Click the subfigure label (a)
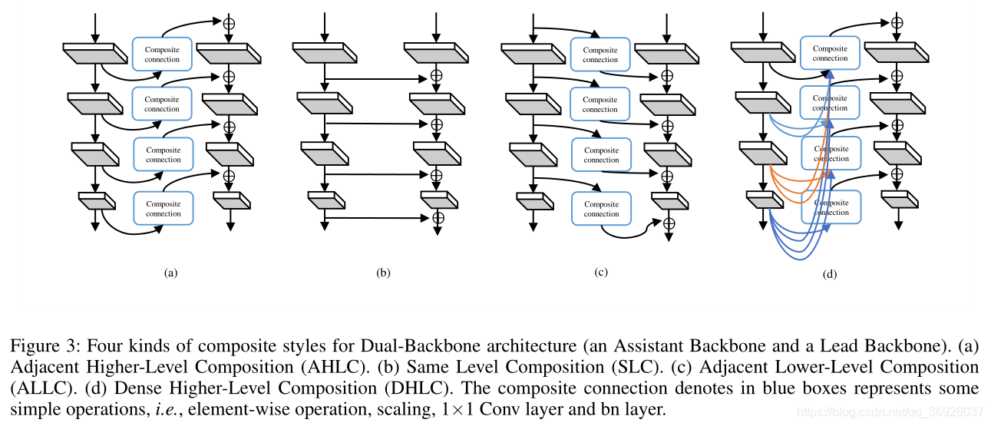point(170,272)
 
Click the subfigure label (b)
point(384,272)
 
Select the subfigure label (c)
point(600,272)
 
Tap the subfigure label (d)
point(828,274)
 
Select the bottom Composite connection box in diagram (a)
point(163,209)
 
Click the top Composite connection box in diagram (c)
point(600,54)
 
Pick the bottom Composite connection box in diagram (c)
point(601,209)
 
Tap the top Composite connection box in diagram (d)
point(830,53)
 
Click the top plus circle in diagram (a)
point(229,23)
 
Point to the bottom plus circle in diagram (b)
point(438,218)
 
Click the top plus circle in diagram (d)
point(897,23)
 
